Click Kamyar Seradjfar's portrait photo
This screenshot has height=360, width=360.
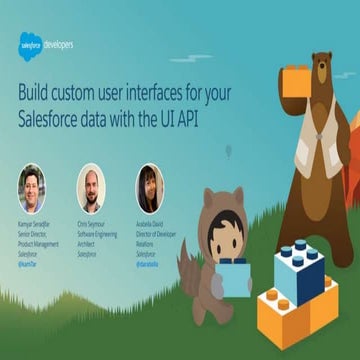tap(31, 186)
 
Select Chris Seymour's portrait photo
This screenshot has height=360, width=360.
tap(91, 186)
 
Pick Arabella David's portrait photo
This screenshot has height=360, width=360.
tap(150, 186)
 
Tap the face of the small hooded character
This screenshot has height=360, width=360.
tap(223, 238)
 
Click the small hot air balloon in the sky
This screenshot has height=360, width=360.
tap(227, 152)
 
